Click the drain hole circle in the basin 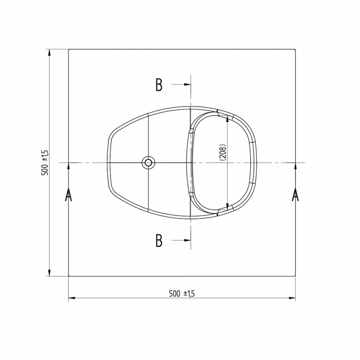coord(148,162)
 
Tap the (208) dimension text coord(223,153)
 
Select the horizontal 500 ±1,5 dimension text coord(182,294)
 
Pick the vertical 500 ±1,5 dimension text coord(45,162)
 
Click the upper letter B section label coord(159,85)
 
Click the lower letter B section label coord(159,240)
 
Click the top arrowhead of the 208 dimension coord(227,118)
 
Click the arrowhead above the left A coord(68,166)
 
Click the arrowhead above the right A coord(295,166)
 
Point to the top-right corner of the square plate coord(295,49)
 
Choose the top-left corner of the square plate coord(69,49)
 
